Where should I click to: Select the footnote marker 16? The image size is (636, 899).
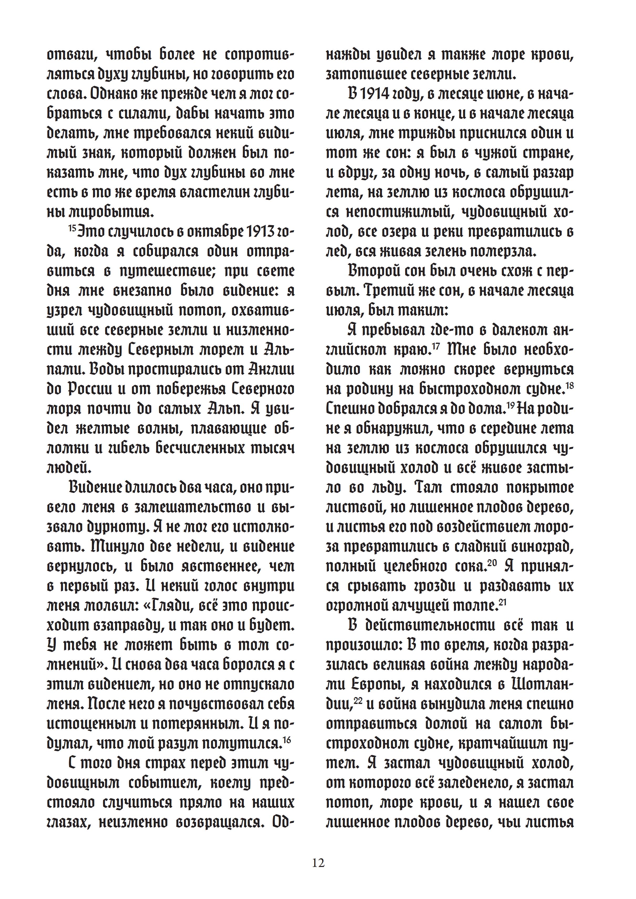(x=287, y=739)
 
